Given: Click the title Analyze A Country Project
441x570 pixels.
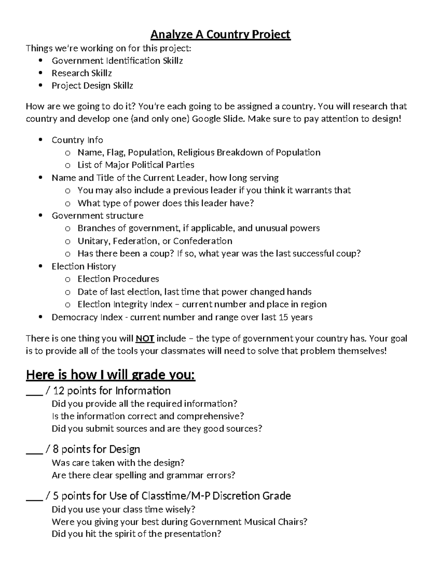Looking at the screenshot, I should coord(220,35).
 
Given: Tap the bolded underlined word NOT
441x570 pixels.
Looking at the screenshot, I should coord(145,338).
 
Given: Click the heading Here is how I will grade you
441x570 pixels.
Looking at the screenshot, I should coord(111,375).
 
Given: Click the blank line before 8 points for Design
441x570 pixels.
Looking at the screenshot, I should coord(34,449).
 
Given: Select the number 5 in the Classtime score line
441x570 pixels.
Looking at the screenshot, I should coord(56,496).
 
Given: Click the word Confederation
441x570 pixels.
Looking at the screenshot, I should coord(202,241).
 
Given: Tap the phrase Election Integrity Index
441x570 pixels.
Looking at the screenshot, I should coord(125,305).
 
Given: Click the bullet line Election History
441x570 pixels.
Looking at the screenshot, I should coord(84,266).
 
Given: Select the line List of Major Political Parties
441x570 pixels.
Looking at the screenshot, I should coord(136,165).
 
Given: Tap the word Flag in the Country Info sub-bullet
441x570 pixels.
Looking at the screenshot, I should coord(115,152).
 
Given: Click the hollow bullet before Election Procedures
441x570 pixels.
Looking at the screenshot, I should coord(67,279).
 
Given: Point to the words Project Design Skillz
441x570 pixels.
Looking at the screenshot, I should coord(92,86).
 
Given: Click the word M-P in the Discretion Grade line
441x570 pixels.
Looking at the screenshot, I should coord(201,496).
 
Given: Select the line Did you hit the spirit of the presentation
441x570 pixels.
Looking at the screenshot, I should coord(136,534).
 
